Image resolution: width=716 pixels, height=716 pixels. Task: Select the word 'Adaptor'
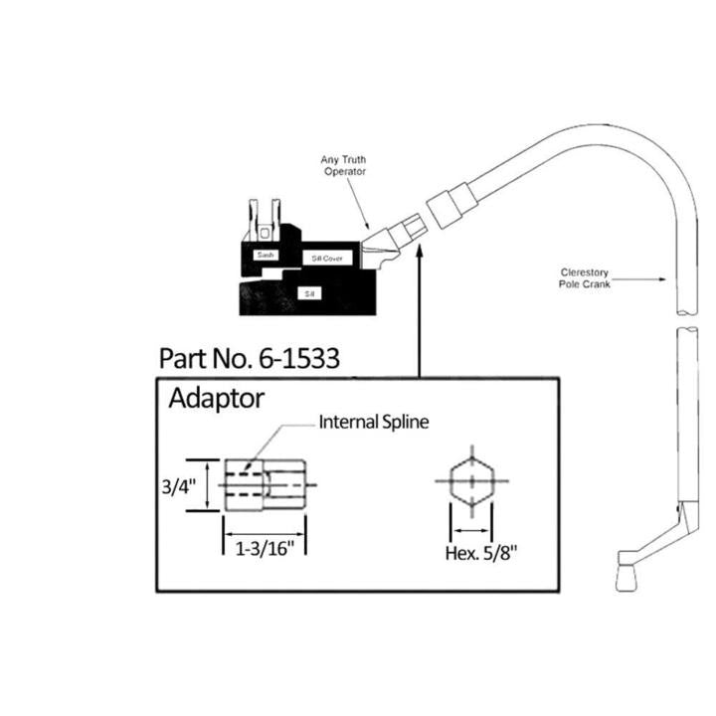(x=216, y=399)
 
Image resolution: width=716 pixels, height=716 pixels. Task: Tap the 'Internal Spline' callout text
(x=373, y=422)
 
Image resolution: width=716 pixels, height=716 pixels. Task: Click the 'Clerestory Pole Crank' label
(x=594, y=277)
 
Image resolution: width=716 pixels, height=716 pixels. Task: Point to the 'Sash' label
(x=265, y=255)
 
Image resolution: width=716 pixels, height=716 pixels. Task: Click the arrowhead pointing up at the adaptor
(x=419, y=255)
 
